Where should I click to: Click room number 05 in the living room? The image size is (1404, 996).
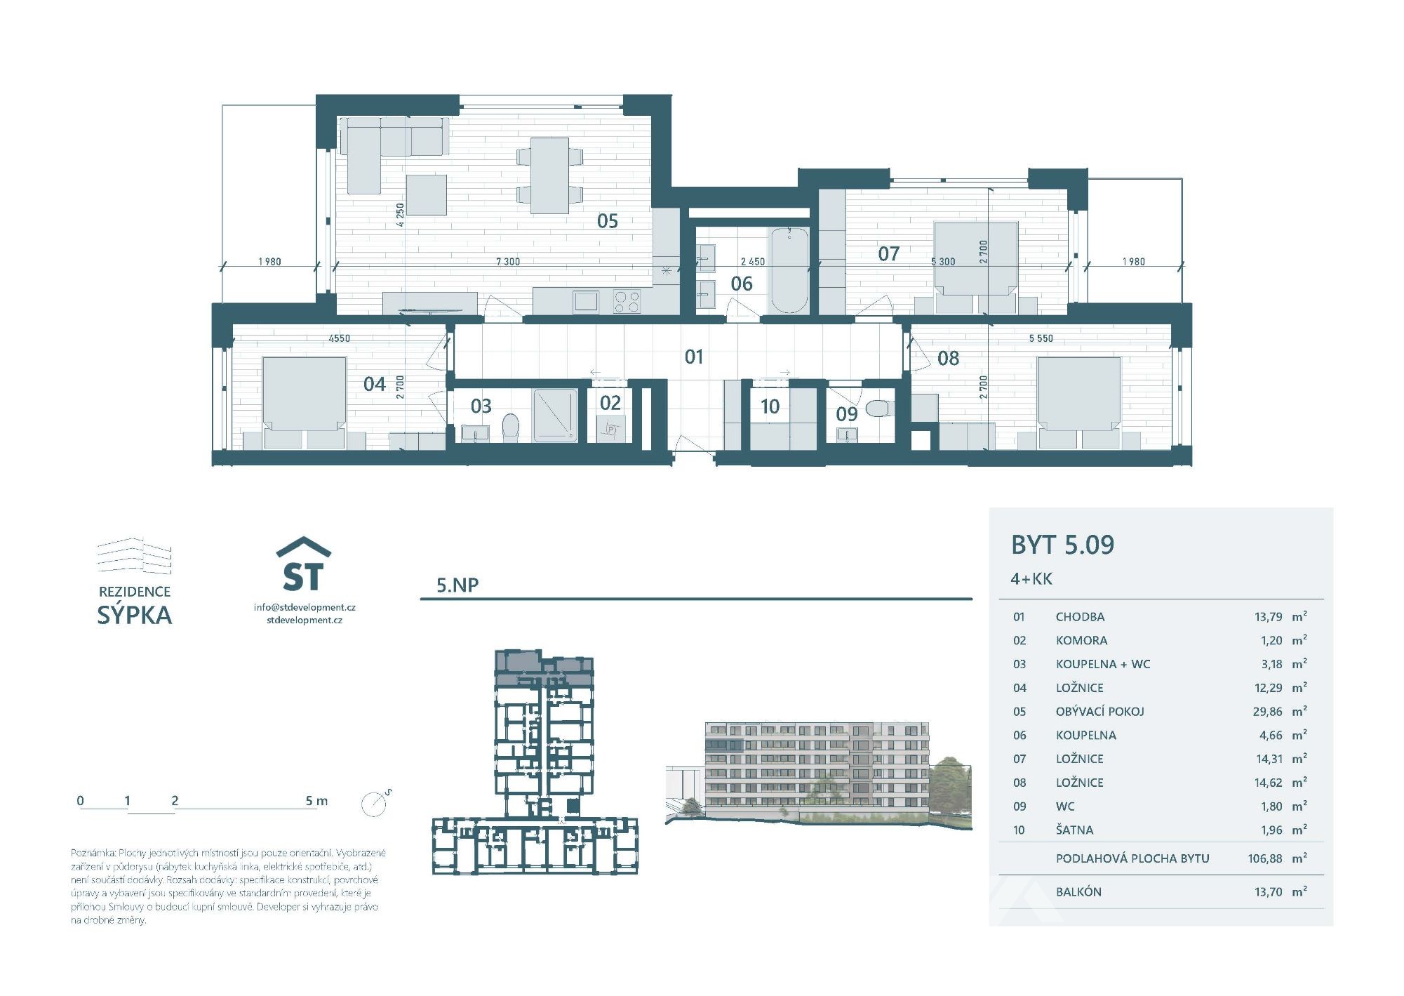[608, 221]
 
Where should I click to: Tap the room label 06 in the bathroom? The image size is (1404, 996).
[742, 284]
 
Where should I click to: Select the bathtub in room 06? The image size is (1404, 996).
[789, 270]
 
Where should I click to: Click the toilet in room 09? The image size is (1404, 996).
[878, 408]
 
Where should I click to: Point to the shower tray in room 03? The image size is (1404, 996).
[555, 415]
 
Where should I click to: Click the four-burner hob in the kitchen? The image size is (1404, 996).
[627, 302]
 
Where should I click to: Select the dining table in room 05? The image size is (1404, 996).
[549, 175]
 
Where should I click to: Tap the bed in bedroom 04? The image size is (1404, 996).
[304, 394]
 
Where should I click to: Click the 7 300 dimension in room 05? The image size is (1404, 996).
[508, 262]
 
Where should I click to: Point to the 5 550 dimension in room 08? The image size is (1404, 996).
[1041, 338]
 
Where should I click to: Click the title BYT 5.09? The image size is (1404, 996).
[1062, 545]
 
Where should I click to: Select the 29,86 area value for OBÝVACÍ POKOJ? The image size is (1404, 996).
[1267, 712]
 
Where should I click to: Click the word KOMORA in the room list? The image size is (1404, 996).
[1081, 641]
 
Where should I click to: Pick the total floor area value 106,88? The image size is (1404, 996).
[1265, 858]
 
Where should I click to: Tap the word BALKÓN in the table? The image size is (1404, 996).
[1078, 892]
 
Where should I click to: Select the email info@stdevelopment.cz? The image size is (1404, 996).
[305, 607]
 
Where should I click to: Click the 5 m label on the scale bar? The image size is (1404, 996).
[316, 801]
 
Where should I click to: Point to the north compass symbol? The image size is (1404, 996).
[375, 803]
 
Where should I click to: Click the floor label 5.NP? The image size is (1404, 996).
[457, 585]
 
